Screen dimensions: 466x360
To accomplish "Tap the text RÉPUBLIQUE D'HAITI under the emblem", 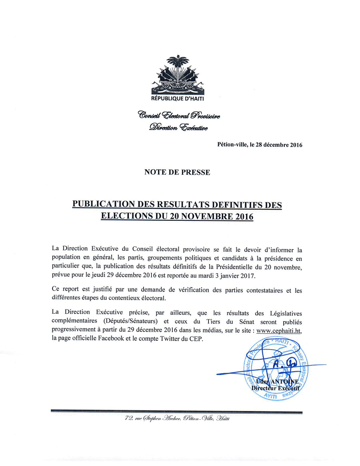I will [180, 99].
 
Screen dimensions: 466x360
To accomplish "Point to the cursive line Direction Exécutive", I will [178, 128].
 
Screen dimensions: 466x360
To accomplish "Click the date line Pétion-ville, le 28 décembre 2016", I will [259, 145].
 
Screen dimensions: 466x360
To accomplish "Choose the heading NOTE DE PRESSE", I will [177, 172].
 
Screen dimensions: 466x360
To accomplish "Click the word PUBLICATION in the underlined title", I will [104, 204].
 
